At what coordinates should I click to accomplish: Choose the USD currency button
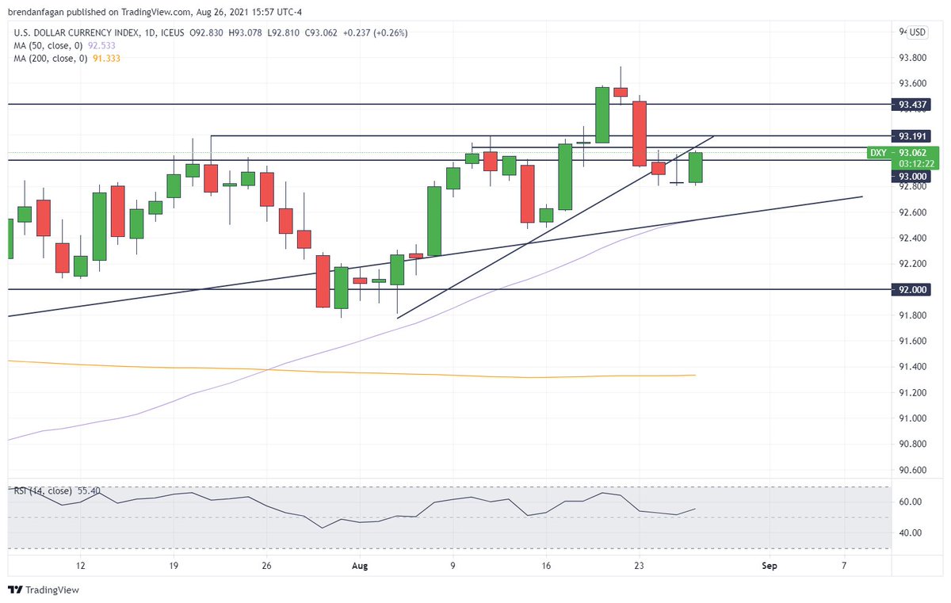tap(917, 32)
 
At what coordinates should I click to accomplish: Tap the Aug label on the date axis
tap(361, 566)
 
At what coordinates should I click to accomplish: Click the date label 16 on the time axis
tap(546, 566)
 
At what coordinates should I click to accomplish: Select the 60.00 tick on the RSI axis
tap(909, 502)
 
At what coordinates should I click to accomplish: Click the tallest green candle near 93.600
tap(602, 115)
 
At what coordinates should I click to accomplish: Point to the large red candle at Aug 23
tap(639, 133)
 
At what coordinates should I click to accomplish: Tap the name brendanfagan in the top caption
tap(37, 12)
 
